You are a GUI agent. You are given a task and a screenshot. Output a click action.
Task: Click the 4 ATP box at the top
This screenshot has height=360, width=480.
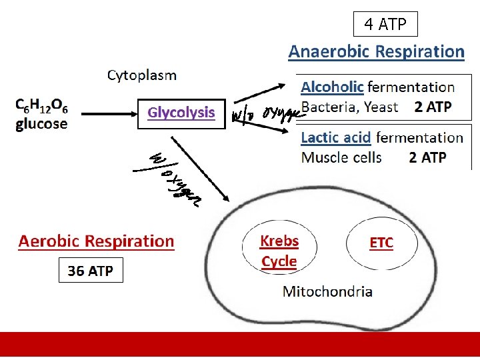[385, 25]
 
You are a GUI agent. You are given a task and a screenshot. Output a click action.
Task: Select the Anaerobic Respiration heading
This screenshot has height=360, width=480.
[376, 51]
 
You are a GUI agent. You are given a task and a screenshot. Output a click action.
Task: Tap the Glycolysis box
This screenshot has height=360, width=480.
[181, 113]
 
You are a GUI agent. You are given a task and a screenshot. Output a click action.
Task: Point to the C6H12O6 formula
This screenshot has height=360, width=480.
[41, 107]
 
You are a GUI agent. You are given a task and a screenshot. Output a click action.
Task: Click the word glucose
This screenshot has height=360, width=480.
[41, 124]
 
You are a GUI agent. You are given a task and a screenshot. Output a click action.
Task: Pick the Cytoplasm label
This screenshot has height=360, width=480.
[142, 75]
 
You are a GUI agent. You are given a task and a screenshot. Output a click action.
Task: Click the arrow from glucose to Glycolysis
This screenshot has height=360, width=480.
[104, 113]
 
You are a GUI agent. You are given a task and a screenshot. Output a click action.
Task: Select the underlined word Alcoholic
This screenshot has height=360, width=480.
[332, 87]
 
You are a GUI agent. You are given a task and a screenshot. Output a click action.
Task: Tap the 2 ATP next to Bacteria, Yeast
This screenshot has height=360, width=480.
[433, 107]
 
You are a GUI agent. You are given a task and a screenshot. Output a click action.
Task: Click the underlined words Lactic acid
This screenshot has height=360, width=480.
[336, 138]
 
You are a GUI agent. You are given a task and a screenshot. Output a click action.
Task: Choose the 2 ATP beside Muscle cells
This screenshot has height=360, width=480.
[427, 157]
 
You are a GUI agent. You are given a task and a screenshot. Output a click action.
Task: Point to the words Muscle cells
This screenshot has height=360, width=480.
[341, 157]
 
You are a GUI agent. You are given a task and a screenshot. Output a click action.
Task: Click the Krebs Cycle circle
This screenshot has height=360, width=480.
[279, 251]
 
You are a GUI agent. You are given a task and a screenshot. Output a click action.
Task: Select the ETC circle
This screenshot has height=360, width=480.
[381, 243]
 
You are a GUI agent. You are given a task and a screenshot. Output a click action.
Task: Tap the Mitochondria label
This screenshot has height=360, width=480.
[328, 291]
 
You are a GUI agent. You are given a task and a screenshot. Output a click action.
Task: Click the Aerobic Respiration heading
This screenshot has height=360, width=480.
[96, 241]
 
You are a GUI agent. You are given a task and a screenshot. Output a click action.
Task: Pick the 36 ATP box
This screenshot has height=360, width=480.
[91, 271]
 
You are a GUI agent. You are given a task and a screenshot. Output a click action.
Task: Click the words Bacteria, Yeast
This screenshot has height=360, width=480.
[349, 107]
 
